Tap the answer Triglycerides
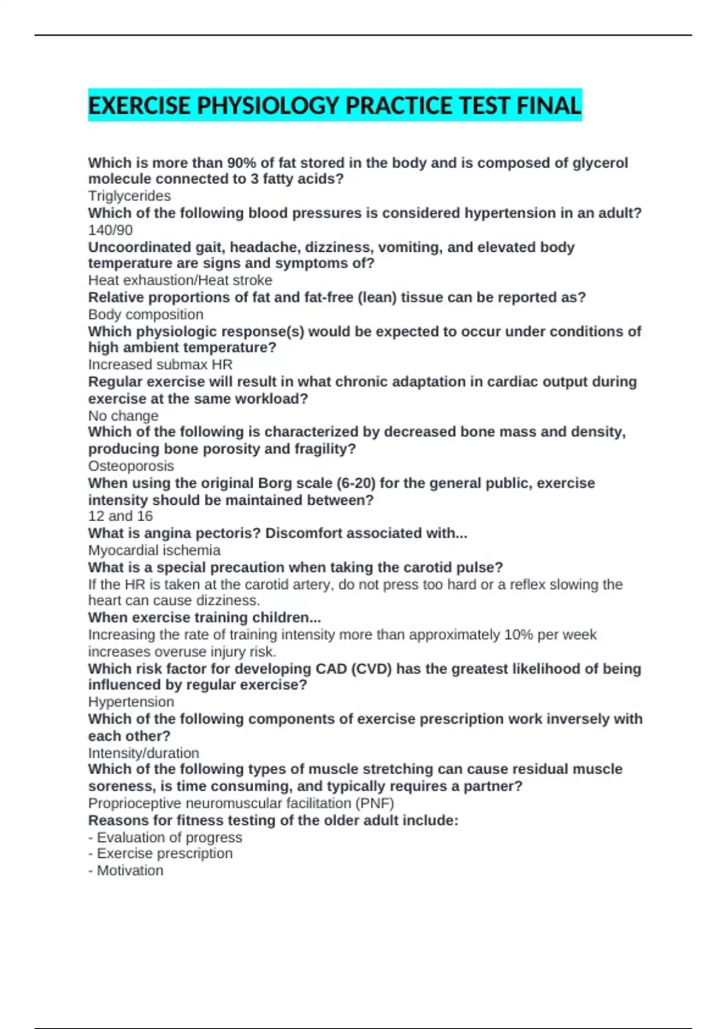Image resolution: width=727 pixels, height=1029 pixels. click(x=130, y=196)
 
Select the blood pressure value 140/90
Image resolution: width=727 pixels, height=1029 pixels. click(x=110, y=230)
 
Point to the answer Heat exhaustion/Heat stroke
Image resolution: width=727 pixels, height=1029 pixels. click(x=180, y=280)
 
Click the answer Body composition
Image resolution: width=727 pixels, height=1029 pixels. click(x=145, y=314)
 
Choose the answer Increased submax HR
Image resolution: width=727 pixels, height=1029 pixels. click(x=160, y=364)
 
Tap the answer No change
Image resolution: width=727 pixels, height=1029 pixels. click(x=123, y=416)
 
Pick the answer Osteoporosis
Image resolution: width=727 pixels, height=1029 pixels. click(x=131, y=466)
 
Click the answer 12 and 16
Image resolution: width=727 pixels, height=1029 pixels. click(x=120, y=516)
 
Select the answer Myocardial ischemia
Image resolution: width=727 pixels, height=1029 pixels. click(x=154, y=550)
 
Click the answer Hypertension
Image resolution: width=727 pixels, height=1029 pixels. click(x=131, y=702)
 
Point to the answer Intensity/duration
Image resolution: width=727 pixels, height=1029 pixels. click(x=144, y=753)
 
